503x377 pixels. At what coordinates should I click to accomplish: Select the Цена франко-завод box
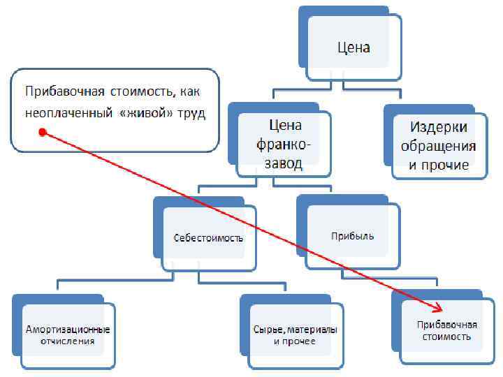tap(284, 145)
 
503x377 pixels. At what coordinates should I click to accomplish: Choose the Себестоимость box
tap(208, 237)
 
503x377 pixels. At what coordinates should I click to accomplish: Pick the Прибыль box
tap(352, 236)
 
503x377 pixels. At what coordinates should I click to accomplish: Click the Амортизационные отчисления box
tap(68, 335)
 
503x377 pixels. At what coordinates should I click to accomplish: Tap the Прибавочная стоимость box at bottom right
tap(447, 330)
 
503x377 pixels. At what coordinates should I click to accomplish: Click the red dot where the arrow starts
tap(42, 132)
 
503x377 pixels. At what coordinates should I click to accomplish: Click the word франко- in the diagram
tap(285, 145)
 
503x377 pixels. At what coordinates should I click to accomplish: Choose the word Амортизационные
tap(68, 329)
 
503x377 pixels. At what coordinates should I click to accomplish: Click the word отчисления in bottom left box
tap(68, 341)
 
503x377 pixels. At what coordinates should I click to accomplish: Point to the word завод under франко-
tap(285, 163)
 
